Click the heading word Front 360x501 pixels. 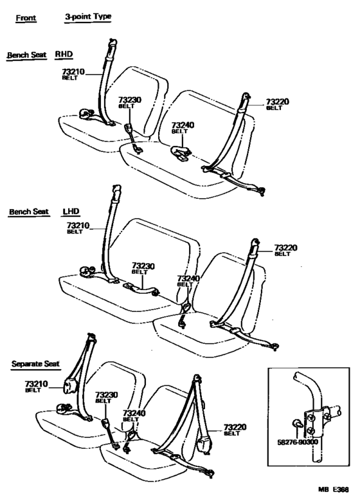(26, 18)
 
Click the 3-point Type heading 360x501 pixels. (88, 17)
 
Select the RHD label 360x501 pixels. (64, 54)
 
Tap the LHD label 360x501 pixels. (71, 211)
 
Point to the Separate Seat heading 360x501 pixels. (35, 363)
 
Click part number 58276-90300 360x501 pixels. (298, 442)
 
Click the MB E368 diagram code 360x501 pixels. (333, 489)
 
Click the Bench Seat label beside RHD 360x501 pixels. (26, 55)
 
